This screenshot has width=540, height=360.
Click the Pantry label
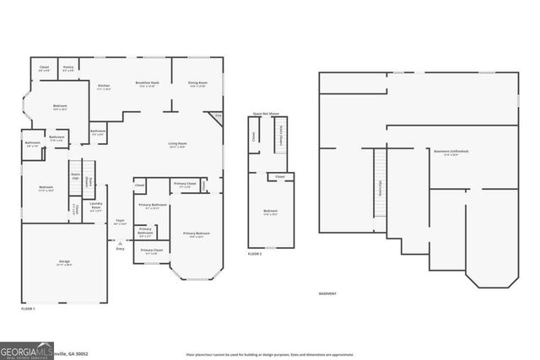pyautogui.click(x=68, y=67)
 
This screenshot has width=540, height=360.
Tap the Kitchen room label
pyautogui.click(x=104, y=86)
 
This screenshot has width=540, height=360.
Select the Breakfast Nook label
pyautogui.click(x=147, y=83)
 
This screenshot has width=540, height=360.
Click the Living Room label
pyautogui.click(x=177, y=144)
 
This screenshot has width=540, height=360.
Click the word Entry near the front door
pyautogui.click(x=120, y=249)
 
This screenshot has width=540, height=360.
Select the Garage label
pyautogui.click(x=64, y=263)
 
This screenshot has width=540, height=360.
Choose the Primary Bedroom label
pyautogui.click(x=197, y=234)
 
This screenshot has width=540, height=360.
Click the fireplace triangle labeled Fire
pyautogui.click(x=218, y=116)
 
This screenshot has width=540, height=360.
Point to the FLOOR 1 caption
pyautogui.click(x=28, y=309)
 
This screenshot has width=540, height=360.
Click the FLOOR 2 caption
pyautogui.click(x=255, y=254)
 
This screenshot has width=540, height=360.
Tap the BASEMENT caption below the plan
pyautogui.click(x=327, y=293)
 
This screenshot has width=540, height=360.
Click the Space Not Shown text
pyautogui.click(x=267, y=113)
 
